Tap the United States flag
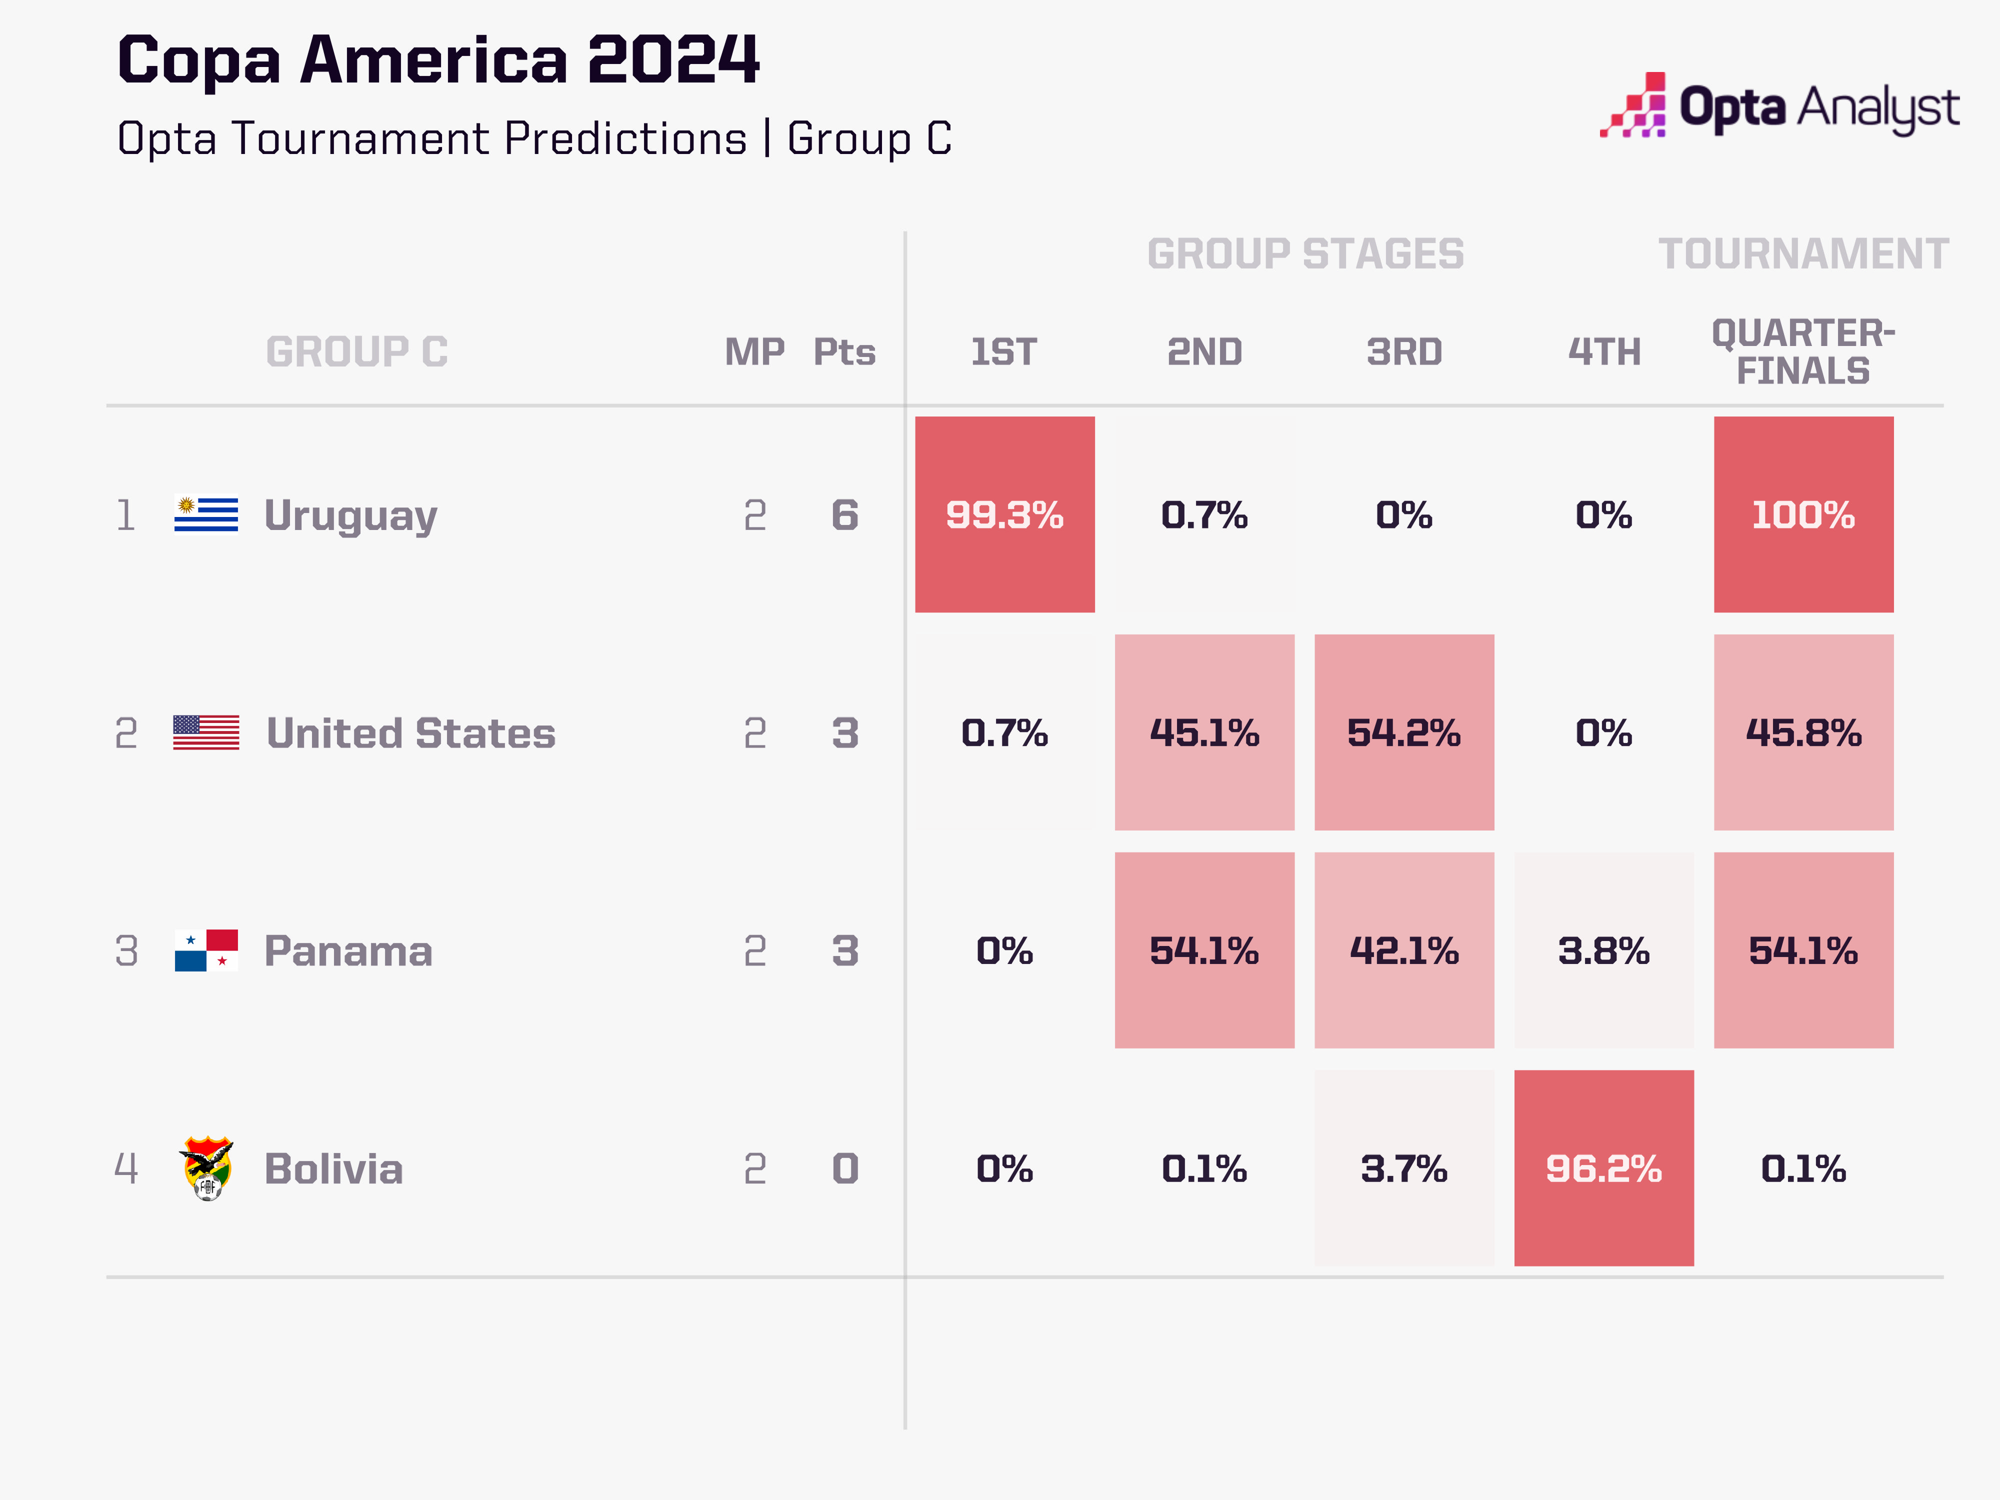tap(206, 732)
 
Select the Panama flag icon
tap(206, 950)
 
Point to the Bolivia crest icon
tap(207, 1168)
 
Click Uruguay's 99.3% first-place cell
tap(1004, 514)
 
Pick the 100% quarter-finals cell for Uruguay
tap(1803, 514)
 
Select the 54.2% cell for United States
tap(1403, 732)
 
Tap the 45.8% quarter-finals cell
tap(1803, 732)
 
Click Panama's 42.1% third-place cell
tap(1403, 950)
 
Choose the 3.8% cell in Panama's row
tap(1603, 950)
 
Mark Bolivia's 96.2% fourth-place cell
tap(1603, 1168)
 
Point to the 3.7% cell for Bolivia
tap(1403, 1168)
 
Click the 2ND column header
tap(1204, 351)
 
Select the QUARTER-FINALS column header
tap(1803, 351)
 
